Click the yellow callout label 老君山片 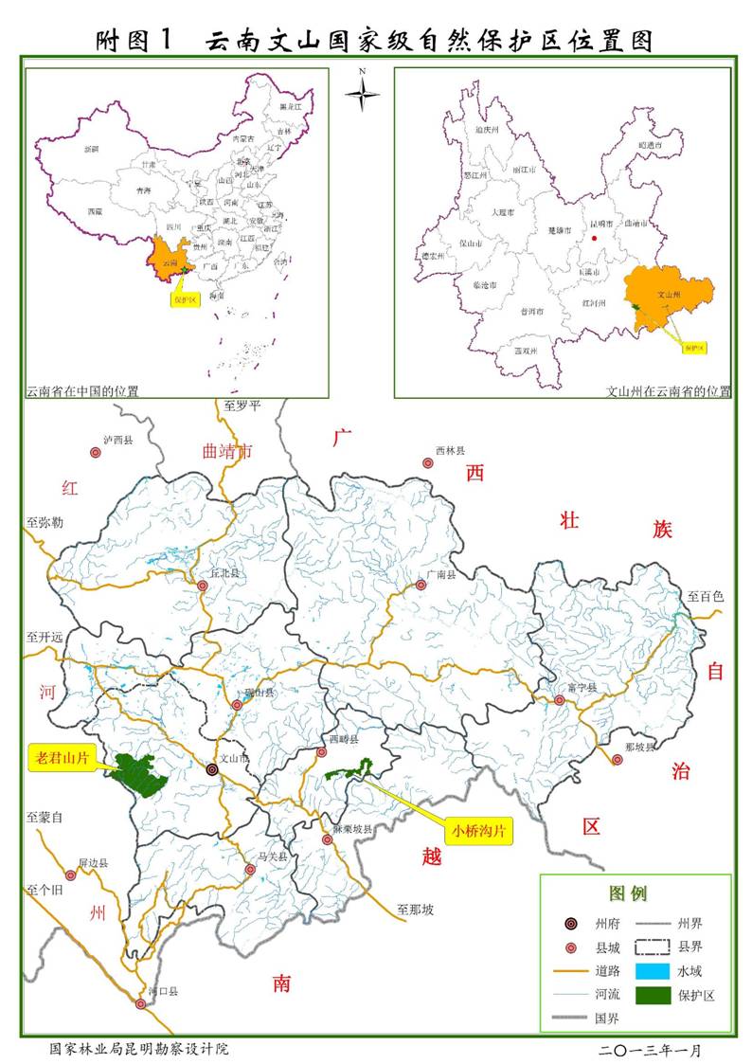pyautogui.click(x=62, y=757)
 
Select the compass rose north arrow pyautogui.click(x=362, y=92)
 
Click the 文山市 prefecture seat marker pyautogui.click(x=212, y=770)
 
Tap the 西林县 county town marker pyautogui.click(x=426, y=462)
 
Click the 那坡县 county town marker pyautogui.click(x=618, y=759)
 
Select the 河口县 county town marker pyautogui.click(x=141, y=1003)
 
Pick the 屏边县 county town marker pyautogui.click(x=70, y=875)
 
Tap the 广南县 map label pyautogui.click(x=440, y=574)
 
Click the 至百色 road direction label pyautogui.click(x=705, y=596)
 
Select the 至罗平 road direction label pyautogui.click(x=242, y=406)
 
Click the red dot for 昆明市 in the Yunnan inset pyautogui.click(x=594, y=238)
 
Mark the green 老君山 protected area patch pyautogui.click(x=137, y=776)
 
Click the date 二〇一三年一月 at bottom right pyautogui.click(x=650, y=1050)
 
